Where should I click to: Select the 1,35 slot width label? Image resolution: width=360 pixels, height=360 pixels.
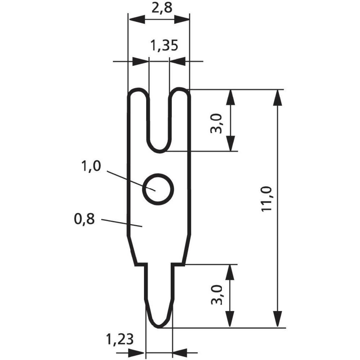(x=164, y=46)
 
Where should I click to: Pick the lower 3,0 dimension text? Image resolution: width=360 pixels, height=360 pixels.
(x=217, y=294)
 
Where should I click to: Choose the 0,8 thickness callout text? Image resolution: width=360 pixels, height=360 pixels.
(x=85, y=219)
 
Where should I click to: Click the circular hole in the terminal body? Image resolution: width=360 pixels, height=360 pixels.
(x=158, y=189)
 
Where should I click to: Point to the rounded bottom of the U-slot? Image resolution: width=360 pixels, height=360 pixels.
(x=159, y=148)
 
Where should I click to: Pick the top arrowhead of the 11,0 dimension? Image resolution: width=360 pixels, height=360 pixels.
(x=277, y=97)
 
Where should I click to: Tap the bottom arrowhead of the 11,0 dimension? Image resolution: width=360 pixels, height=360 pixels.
(x=277, y=320)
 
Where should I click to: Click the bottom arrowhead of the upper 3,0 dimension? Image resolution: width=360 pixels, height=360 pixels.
(x=230, y=143)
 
